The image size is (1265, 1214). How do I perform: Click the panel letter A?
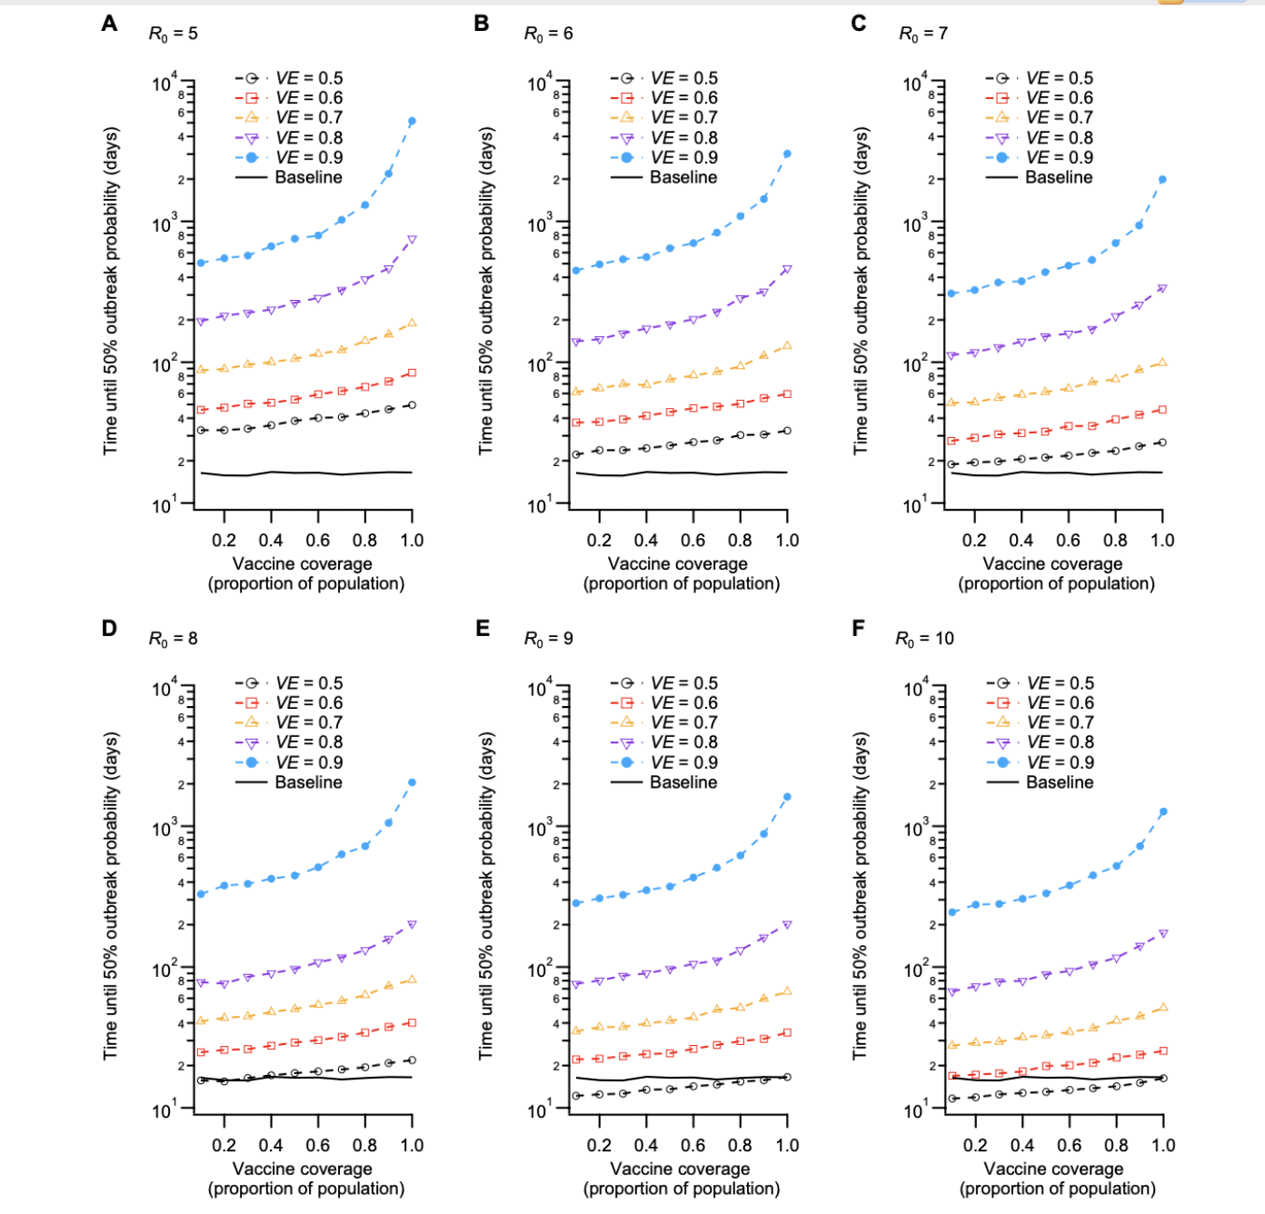(x=110, y=24)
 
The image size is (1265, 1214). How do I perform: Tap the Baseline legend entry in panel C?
(x=1059, y=177)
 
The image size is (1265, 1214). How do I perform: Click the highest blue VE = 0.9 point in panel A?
(x=412, y=121)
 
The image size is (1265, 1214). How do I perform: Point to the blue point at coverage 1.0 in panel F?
(x=1163, y=811)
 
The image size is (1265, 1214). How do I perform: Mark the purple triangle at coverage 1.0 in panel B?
(x=787, y=269)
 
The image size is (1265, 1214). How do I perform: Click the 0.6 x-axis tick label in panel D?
(x=317, y=1145)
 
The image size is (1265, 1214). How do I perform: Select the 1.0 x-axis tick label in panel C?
(x=1162, y=540)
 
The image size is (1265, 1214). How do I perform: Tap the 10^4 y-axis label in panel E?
(x=539, y=689)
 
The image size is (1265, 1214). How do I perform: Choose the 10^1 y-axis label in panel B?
(x=539, y=504)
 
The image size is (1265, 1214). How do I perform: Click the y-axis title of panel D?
(x=111, y=895)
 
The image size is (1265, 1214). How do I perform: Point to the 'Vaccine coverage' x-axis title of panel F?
(x=1053, y=1169)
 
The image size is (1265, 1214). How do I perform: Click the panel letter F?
(x=858, y=628)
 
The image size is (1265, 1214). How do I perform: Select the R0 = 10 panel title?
(x=924, y=639)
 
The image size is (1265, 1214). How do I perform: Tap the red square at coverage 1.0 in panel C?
(x=1162, y=410)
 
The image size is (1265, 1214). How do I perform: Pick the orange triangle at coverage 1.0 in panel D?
(x=412, y=980)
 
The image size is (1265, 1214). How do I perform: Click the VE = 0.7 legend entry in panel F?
(x=1060, y=722)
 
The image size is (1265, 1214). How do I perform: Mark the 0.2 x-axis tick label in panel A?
(x=224, y=540)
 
